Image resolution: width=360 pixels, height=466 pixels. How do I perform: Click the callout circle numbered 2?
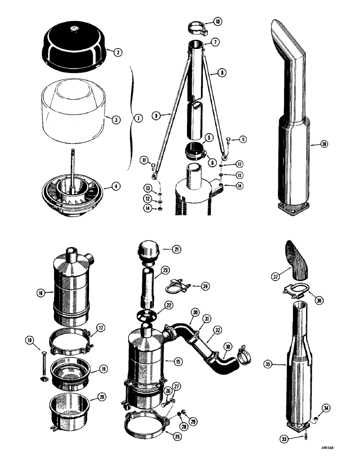pos(118,53)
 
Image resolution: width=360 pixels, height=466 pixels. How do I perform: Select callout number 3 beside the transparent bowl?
pos(117,119)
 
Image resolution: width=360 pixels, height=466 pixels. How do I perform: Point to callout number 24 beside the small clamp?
pos(205,286)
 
